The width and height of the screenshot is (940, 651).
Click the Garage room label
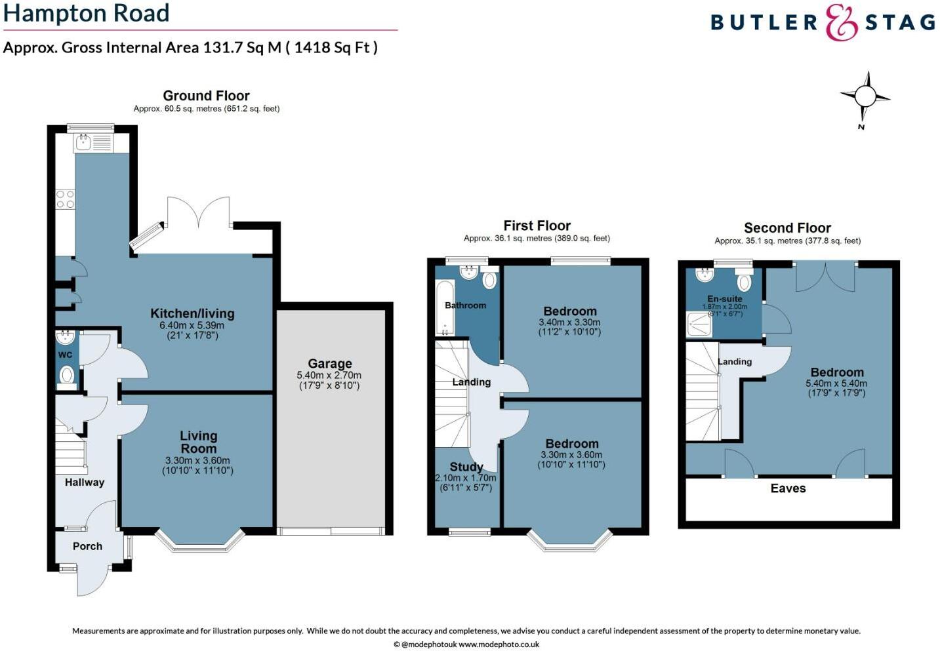[330, 364]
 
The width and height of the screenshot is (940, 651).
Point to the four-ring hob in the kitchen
[65, 199]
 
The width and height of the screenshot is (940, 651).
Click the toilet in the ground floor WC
[66, 376]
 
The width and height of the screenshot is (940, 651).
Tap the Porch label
[87, 546]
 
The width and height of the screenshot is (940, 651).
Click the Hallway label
[84, 483]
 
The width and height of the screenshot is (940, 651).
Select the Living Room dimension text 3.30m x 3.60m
[197, 461]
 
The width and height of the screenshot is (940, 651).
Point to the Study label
[466, 467]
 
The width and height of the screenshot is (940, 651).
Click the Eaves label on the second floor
[788, 488]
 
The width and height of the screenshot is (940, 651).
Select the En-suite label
[725, 299]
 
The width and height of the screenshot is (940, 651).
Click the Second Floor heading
[787, 228]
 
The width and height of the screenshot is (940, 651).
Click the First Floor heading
[537, 226]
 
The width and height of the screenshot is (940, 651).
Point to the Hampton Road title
[87, 13]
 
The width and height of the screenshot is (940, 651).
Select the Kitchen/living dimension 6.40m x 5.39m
[192, 325]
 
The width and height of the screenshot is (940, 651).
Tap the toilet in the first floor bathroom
[489, 280]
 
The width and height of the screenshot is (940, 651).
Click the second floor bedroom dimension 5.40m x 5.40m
[836, 384]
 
